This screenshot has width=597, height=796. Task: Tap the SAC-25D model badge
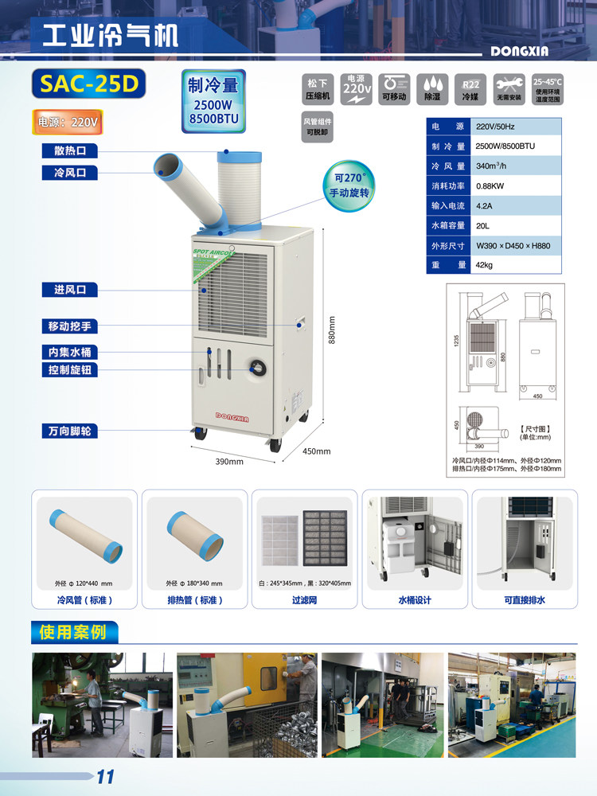[x=85, y=84]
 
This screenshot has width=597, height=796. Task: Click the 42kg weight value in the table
[x=484, y=265]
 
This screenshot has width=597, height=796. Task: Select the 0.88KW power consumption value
[x=489, y=186]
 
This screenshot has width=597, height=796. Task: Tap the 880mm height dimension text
[x=332, y=330]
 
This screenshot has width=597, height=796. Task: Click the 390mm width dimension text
[x=229, y=462]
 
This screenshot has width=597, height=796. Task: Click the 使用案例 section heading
[x=72, y=633]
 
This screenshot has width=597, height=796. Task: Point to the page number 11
[x=105, y=776]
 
